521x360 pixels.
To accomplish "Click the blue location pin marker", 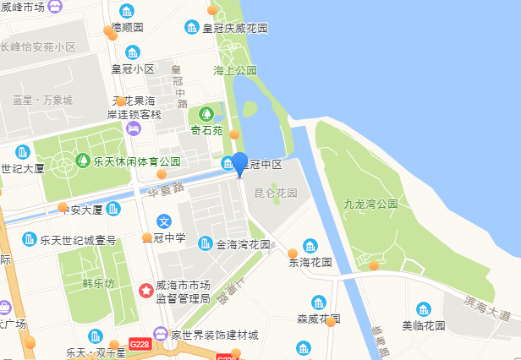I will click(x=240, y=163).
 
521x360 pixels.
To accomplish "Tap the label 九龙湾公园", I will click(x=370, y=205).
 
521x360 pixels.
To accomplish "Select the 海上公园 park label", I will click(x=235, y=70).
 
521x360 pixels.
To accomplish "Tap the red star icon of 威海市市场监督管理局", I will click(x=145, y=290).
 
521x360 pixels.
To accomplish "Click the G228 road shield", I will click(x=140, y=345).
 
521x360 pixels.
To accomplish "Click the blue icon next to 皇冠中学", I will click(x=166, y=221).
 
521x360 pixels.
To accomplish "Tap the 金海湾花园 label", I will click(x=243, y=245).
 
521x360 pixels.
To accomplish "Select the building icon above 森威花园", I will click(x=319, y=303).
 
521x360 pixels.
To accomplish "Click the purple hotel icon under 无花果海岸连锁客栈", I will click(x=134, y=128).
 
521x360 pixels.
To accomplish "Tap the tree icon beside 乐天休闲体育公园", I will click(x=85, y=161).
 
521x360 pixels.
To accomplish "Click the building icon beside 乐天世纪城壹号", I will click(x=30, y=240).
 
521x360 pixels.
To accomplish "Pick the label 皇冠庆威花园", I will click(x=234, y=28).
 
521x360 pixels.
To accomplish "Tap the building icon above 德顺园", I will click(x=127, y=11).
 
